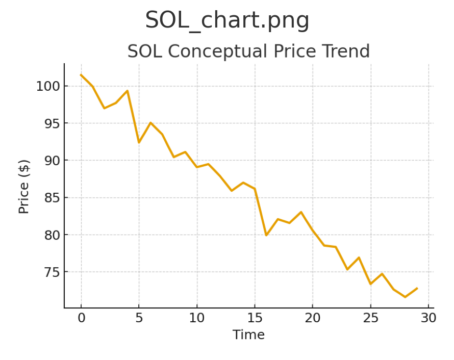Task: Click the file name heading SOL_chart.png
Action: tap(227, 21)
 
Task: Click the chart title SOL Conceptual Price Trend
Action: tap(248, 52)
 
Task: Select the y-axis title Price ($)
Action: tap(24, 186)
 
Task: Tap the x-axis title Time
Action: tap(248, 335)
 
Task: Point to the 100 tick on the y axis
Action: tap(47, 86)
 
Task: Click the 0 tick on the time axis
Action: tap(81, 318)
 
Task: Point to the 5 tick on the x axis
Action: tap(139, 318)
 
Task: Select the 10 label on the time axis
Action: tap(197, 318)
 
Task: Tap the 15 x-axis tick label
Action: tap(255, 318)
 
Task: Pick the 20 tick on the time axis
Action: tap(313, 318)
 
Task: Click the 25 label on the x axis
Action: tap(370, 318)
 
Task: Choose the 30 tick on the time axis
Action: tap(428, 318)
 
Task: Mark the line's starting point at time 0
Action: tap(81, 75)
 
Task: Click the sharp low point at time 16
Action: tap(266, 235)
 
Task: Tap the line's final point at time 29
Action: tap(417, 288)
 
